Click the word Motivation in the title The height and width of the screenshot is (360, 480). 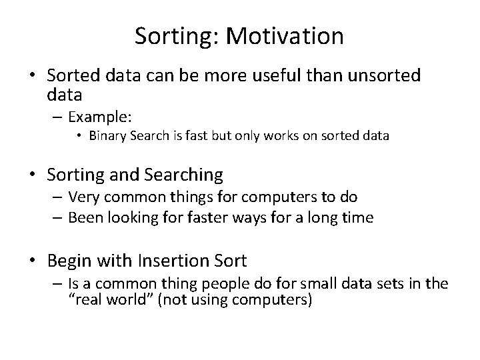285,36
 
